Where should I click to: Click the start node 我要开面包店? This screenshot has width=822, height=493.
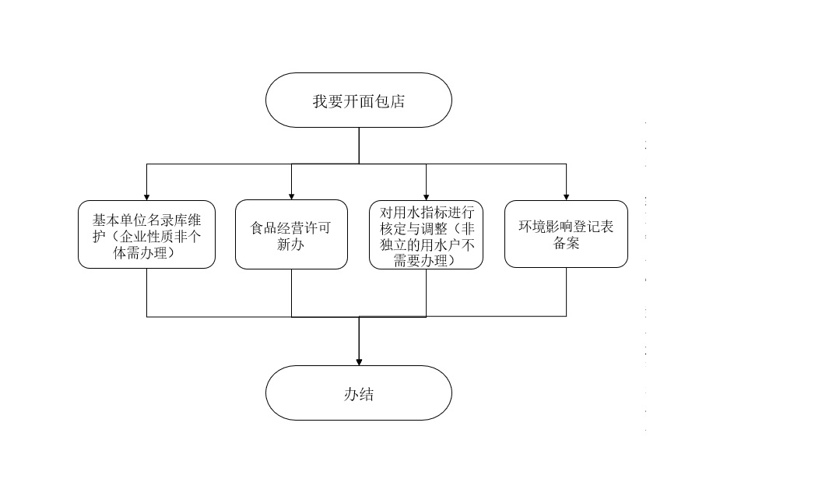pyautogui.click(x=358, y=100)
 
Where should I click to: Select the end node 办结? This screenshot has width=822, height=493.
pyautogui.click(x=358, y=393)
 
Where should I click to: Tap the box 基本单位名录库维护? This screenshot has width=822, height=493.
pyautogui.click(x=146, y=234)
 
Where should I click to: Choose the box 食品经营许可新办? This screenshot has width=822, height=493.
pyautogui.click(x=291, y=235)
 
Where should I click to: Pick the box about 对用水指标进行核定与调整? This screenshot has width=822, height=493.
pyautogui.click(x=426, y=235)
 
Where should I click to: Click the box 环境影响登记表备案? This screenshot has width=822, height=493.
pyautogui.click(x=566, y=234)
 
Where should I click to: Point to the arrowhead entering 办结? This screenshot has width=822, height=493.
pyautogui.click(x=359, y=361)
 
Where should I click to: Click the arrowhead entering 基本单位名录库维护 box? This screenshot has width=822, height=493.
pyautogui.click(x=146, y=196)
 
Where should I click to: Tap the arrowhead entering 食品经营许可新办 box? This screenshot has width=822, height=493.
pyautogui.click(x=291, y=196)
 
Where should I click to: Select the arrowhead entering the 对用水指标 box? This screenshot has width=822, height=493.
pyautogui.click(x=426, y=196)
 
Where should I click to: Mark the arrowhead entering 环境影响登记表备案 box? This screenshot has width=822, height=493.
pyautogui.click(x=566, y=196)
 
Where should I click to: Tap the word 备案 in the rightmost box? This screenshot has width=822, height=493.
pyautogui.click(x=566, y=243)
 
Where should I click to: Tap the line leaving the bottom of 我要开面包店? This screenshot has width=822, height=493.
pyautogui.click(x=359, y=145)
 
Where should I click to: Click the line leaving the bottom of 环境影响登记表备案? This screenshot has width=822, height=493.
pyautogui.click(x=566, y=292)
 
